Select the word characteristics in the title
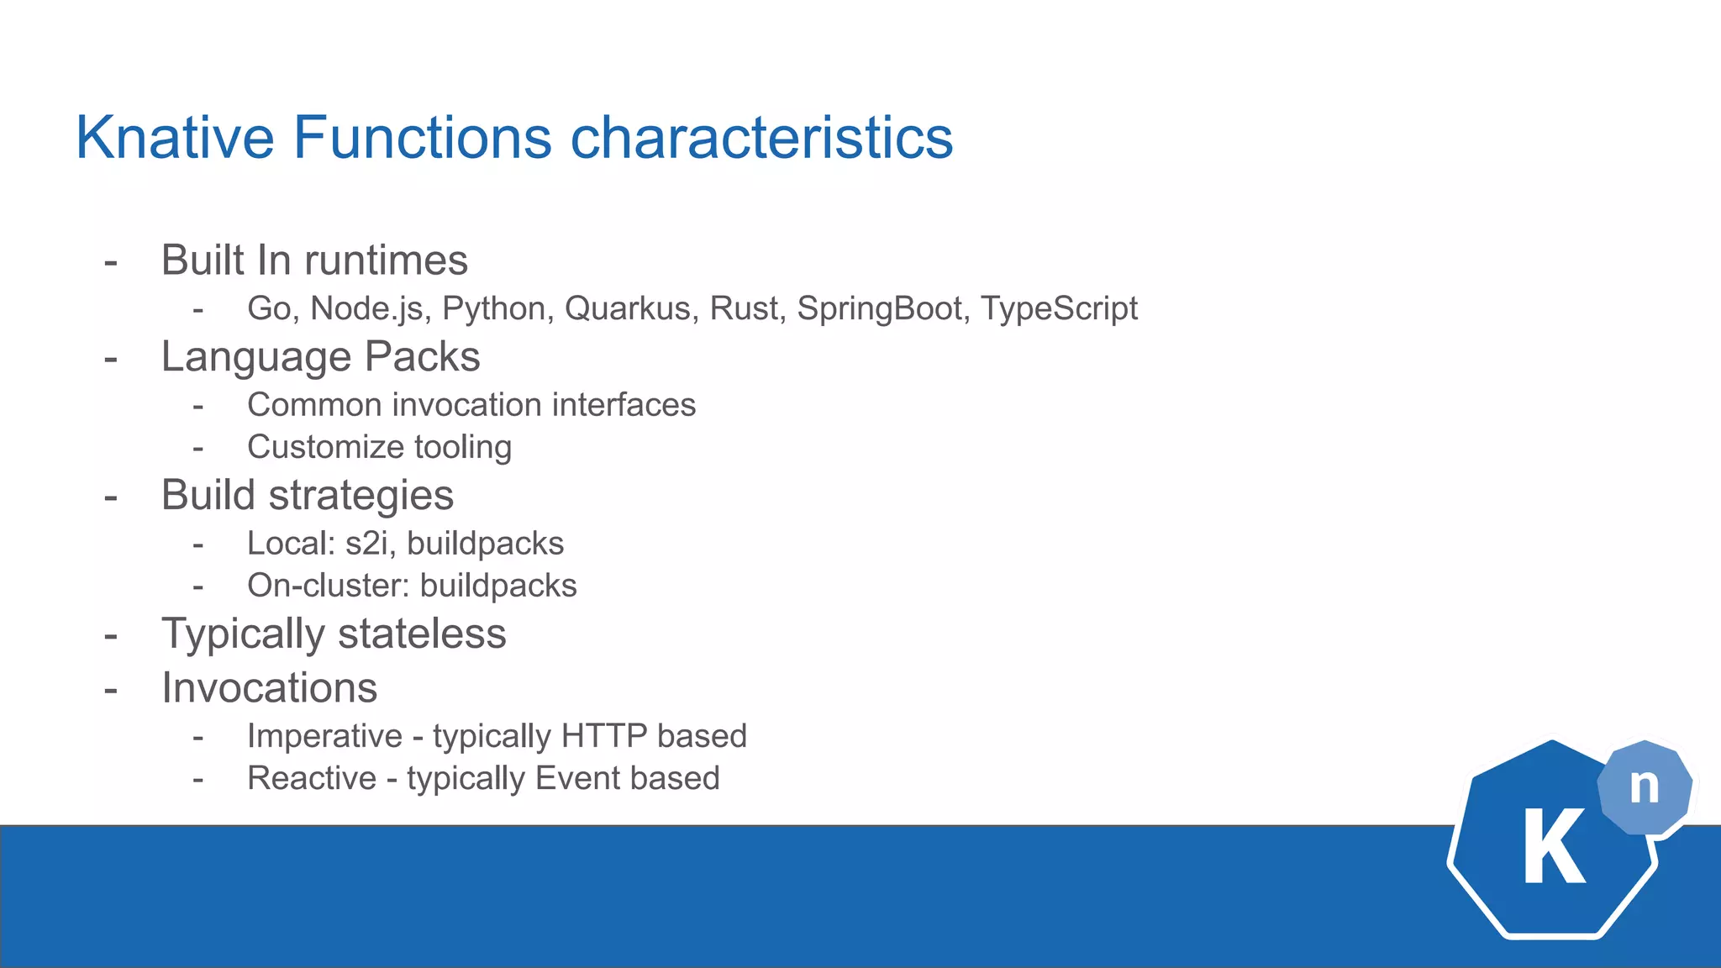761,138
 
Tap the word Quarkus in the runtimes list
627,308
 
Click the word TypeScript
1059,308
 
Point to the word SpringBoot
879,308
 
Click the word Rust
743,308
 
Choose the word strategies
361,495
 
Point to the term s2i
366,544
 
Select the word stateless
422,634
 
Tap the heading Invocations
269,688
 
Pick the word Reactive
312,778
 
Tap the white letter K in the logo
1554,847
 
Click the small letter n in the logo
1644,786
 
